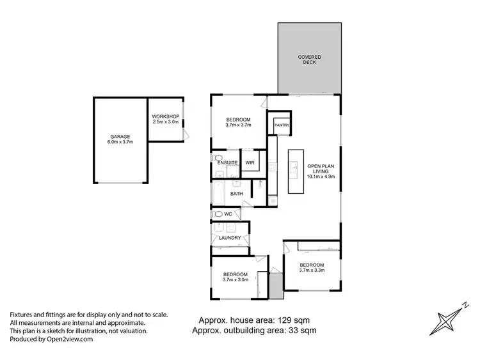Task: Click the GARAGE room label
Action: [120, 137]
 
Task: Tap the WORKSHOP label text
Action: [164, 117]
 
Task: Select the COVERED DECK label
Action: [310, 60]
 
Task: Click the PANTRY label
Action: [282, 125]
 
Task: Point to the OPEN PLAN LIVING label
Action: [321, 169]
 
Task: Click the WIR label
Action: [250, 163]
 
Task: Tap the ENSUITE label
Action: [227, 163]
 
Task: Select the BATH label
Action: [237, 194]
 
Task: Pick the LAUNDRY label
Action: [230, 238]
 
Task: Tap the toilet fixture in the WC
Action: [218, 214]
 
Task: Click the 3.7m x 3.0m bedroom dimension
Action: [236, 279]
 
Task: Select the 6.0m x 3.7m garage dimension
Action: [120, 143]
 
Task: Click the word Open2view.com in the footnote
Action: [70, 340]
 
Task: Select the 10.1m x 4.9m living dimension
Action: [321, 177]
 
